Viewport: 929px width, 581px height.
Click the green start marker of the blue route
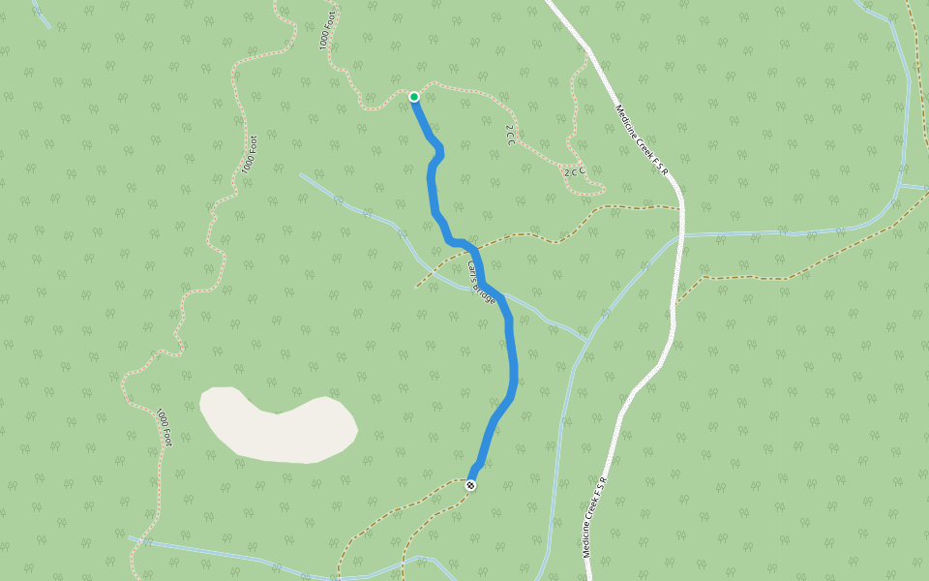coord(414,96)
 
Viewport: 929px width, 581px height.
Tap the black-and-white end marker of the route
coord(470,484)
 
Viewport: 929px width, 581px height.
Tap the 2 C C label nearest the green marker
coord(509,135)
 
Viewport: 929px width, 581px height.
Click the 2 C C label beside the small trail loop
coord(575,171)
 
